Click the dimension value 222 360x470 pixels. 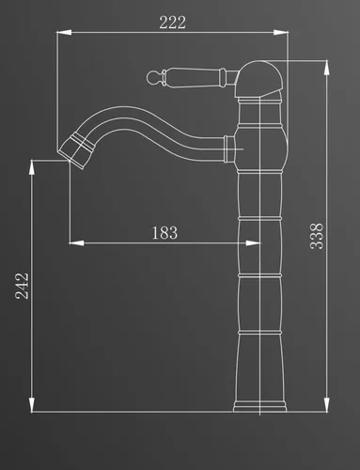[172, 22]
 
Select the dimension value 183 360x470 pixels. [164, 233]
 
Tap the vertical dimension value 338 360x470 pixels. [317, 236]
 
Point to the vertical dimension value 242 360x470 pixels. [22, 286]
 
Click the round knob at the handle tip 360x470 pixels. [152, 77]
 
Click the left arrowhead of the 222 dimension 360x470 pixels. [64, 32]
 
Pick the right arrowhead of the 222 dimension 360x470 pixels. [281, 32]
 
